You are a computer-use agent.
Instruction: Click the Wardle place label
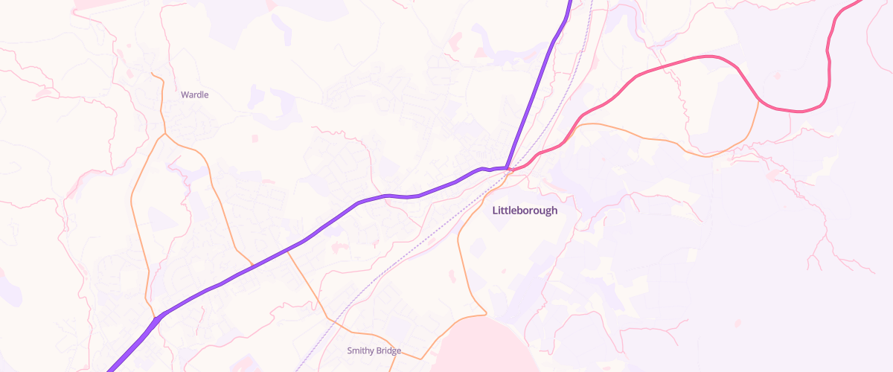195,95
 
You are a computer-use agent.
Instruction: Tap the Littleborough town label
525,211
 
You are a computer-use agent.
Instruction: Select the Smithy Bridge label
374,350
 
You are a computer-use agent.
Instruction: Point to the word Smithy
361,350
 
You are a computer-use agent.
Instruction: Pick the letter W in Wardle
185,95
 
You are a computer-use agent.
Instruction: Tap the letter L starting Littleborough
496,211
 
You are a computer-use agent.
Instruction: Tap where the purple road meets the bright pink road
508,169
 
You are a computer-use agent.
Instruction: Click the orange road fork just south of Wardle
164,135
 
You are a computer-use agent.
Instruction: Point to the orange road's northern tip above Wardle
152,74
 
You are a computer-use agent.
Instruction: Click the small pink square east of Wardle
255,139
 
